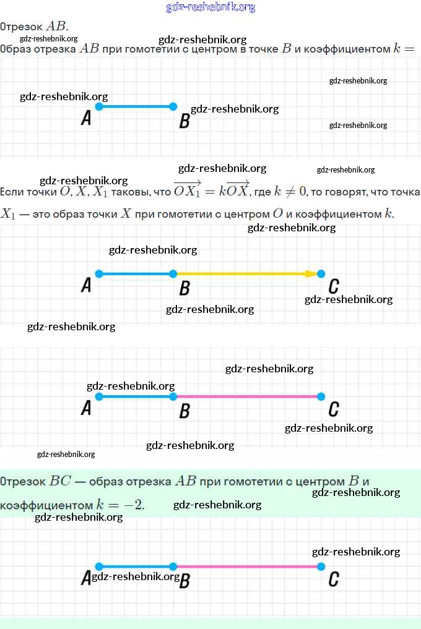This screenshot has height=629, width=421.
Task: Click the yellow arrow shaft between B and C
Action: coord(241,273)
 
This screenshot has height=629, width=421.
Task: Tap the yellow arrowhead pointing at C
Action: coord(311,273)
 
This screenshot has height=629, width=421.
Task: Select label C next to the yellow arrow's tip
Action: coord(334,286)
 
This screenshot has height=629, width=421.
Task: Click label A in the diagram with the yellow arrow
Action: coord(86,285)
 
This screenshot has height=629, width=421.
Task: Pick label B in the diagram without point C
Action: coord(184,121)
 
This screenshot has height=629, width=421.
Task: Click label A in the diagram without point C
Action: coord(86,118)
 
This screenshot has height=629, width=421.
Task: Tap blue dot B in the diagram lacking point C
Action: coord(173,106)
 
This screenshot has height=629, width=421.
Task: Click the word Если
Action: coord(13,192)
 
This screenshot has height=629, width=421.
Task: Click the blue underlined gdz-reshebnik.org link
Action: coord(210,7)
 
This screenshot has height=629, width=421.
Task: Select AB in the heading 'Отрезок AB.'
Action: coord(56,26)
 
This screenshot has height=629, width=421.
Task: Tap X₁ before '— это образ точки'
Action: coord(7,214)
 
